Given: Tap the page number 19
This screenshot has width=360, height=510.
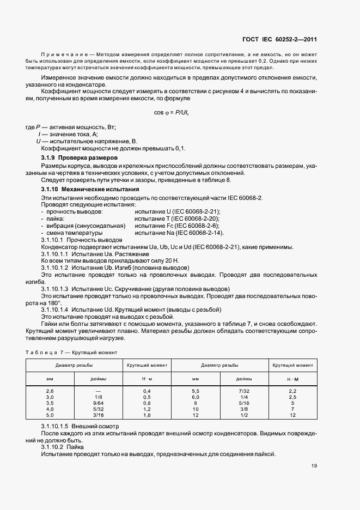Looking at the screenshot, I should click(x=314, y=466).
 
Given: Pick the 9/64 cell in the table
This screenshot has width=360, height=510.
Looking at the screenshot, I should click(x=98, y=403).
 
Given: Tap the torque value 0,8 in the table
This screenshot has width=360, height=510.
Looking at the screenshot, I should click(x=147, y=403).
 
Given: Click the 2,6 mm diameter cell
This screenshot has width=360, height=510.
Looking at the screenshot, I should click(x=50, y=391).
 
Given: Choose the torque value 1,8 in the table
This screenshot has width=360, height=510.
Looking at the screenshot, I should click(x=147, y=415).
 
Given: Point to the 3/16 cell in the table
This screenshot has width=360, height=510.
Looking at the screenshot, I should click(x=98, y=415).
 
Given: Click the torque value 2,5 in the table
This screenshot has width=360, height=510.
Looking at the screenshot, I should click(x=292, y=397).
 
